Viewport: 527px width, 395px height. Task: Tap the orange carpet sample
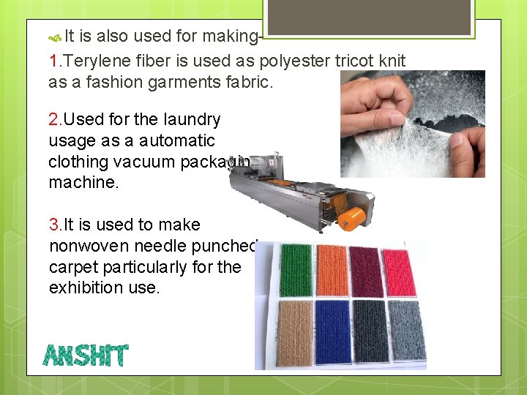(x=331, y=269)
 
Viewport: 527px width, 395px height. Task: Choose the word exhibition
(x=91, y=287)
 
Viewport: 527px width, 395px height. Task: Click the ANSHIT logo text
(x=86, y=355)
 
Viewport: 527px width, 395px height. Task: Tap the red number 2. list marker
(x=56, y=119)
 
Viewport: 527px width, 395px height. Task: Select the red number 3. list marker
(x=56, y=225)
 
